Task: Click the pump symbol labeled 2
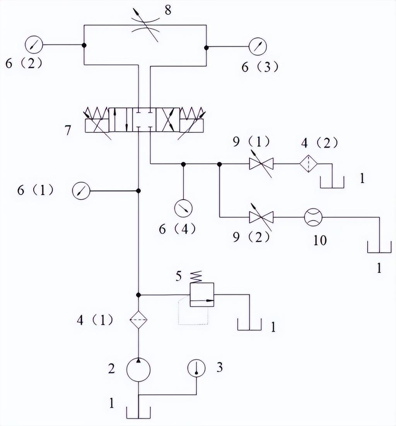click(138, 370)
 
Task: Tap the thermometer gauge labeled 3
click(196, 368)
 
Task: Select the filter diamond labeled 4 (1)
click(138, 320)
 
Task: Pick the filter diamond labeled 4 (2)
click(309, 163)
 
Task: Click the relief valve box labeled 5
click(202, 294)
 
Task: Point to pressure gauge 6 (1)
click(81, 191)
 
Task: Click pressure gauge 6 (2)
click(34, 45)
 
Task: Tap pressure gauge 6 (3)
click(258, 46)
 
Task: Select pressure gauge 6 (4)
click(183, 208)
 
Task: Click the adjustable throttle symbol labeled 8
click(145, 25)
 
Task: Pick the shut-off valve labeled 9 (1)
click(261, 164)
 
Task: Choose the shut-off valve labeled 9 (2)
click(261, 217)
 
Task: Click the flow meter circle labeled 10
click(313, 217)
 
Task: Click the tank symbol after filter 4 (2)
click(332, 182)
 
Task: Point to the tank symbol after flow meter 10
click(379, 247)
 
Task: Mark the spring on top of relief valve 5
click(197, 277)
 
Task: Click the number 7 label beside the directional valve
click(68, 130)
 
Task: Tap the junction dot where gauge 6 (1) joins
click(138, 191)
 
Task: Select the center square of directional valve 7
click(144, 120)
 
